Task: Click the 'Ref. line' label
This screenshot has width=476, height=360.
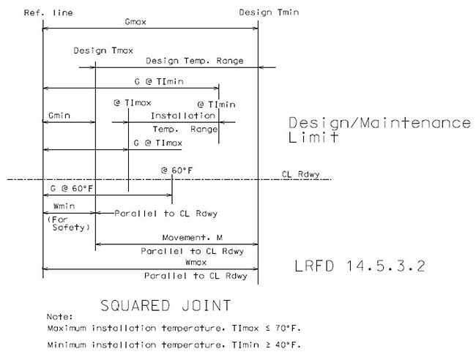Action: pyautogui.click(x=48, y=12)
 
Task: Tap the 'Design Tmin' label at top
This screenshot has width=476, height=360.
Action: pyautogui.click(x=269, y=12)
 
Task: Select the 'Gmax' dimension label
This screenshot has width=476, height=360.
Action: pyautogui.click(x=135, y=22)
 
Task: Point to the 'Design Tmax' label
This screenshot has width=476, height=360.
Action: pyautogui.click(x=103, y=50)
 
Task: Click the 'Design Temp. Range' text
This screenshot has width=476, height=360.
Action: pyautogui.click(x=195, y=61)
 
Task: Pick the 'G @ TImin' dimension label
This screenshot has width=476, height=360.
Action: pyautogui.click(x=159, y=81)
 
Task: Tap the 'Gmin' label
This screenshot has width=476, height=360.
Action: pyautogui.click(x=59, y=116)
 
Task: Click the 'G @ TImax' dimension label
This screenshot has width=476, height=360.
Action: pyautogui.click(x=158, y=143)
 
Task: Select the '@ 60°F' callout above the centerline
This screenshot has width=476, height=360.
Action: pyautogui.click(x=176, y=170)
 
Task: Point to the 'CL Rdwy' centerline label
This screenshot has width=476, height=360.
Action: pyautogui.click(x=300, y=174)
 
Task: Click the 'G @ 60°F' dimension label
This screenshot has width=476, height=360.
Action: pyautogui.click(x=71, y=189)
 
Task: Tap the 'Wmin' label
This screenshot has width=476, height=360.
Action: pyautogui.click(x=64, y=206)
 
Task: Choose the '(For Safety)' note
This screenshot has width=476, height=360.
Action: pyautogui.click(x=69, y=223)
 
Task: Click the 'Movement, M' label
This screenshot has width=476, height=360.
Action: pyautogui.click(x=193, y=238)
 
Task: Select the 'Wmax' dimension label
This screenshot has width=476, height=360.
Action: pyautogui.click(x=196, y=263)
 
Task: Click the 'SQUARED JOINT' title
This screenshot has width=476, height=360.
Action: pyautogui.click(x=166, y=305)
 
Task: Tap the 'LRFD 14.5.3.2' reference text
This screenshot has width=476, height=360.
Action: pyautogui.click(x=360, y=266)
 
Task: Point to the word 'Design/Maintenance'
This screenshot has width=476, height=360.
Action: pyautogui.click(x=379, y=123)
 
